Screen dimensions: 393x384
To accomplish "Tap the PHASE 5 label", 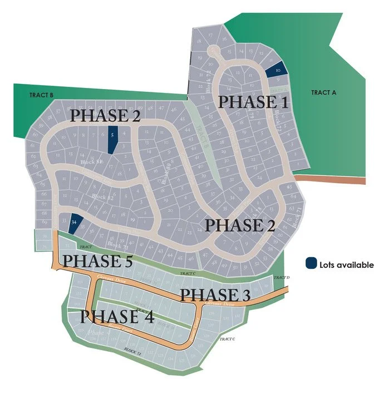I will [97, 260].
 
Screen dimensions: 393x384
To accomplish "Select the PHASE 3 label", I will [216, 294].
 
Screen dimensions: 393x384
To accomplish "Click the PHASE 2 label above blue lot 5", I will [105, 116].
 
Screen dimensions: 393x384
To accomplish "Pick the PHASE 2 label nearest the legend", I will [242, 225].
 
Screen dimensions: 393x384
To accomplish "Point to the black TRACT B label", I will [41, 95].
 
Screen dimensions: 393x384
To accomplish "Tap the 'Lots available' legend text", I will [346, 265].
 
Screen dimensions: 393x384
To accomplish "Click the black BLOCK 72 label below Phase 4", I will [133, 351].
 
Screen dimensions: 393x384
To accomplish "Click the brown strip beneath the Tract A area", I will [329, 179].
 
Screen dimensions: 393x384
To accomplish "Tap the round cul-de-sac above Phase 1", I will [214, 51].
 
